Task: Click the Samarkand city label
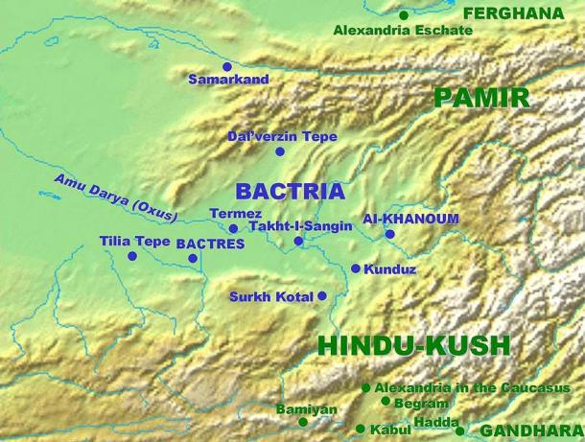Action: coord(228,80)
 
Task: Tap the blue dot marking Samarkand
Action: coord(227,66)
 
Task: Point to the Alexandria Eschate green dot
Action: coord(404,15)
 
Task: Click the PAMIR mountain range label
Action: coord(481,97)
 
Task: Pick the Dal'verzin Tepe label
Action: coord(282,137)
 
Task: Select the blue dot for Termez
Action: coord(233,228)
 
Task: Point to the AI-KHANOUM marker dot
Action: coord(389,234)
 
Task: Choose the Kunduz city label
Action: coord(390,269)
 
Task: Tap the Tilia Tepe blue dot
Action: coord(132,257)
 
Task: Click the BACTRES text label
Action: coord(210,244)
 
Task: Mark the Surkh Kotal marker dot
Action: coord(322,296)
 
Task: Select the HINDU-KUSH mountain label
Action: coord(413,346)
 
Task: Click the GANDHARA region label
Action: coord(531,431)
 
